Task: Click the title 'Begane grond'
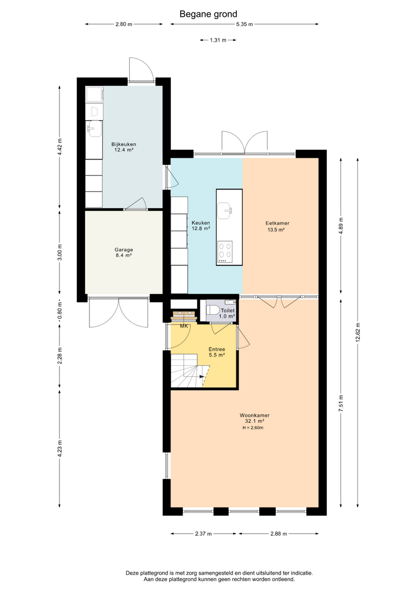click(x=208, y=14)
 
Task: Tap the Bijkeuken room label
click(x=124, y=147)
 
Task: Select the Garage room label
click(x=124, y=252)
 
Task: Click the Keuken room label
click(x=201, y=226)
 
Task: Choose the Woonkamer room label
click(x=254, y=418)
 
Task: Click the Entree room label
click(x=217, y=352)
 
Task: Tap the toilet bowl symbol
click(x=212, y=311)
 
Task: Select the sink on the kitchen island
click(x=225, y=210)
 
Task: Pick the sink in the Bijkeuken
click(x=94, y=129)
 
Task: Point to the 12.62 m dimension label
click(x=358, y=332)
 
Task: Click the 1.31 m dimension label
click(x=218, y=40)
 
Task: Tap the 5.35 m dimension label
click(x=245, y=25)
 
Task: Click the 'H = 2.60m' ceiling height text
click(x=253, y=428)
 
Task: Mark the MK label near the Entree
click(x=184, y=326)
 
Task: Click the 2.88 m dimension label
click(x=278, y=534)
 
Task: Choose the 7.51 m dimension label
click(x=341, y=403)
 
